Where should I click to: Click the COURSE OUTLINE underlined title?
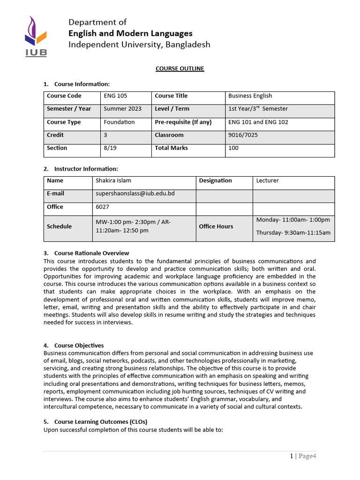pos(180,68)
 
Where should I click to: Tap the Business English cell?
pos(250,96)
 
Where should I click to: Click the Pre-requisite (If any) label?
pos(183,122)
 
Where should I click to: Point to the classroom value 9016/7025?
pos(243,135)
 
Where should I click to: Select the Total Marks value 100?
pos(233,148)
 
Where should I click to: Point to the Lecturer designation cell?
pos(267,180)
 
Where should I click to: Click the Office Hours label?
pos(216,226)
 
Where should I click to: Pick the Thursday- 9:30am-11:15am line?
pos(293,232)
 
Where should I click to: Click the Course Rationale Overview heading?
pos(91,253)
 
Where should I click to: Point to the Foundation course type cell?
pos(119,122)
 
